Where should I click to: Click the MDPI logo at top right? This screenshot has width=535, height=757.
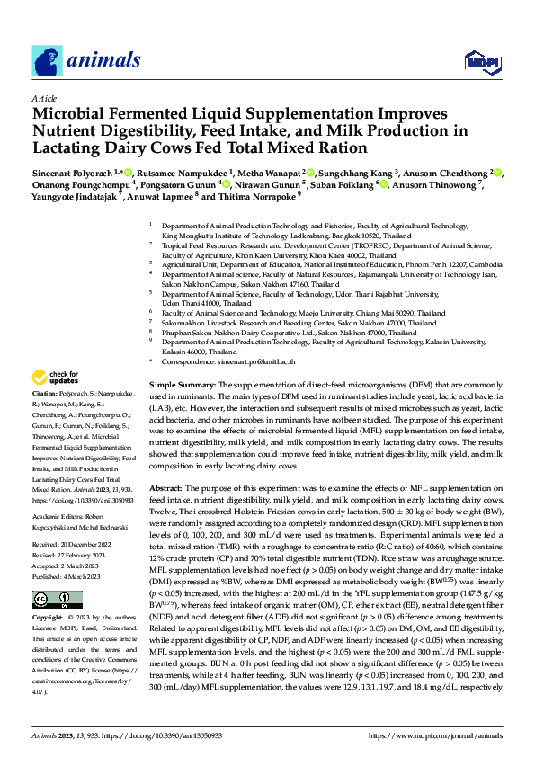coord(480,60)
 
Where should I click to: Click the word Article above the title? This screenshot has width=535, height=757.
coord(44,98)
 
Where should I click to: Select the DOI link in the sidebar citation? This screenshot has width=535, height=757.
coord(70,500)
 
